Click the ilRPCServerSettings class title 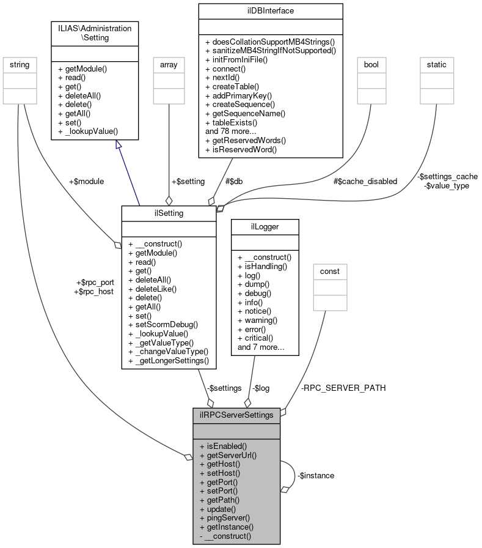tap(236, 414)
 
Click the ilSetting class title tap(169, 212)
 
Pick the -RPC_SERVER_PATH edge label tap(343, 388)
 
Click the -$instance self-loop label tap(316, 475)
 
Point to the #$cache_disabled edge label tap(365, 181)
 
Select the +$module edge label tap(87, 181)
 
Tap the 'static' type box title tap(436, 64)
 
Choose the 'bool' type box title tap(371, 64)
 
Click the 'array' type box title tap(169, 64)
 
